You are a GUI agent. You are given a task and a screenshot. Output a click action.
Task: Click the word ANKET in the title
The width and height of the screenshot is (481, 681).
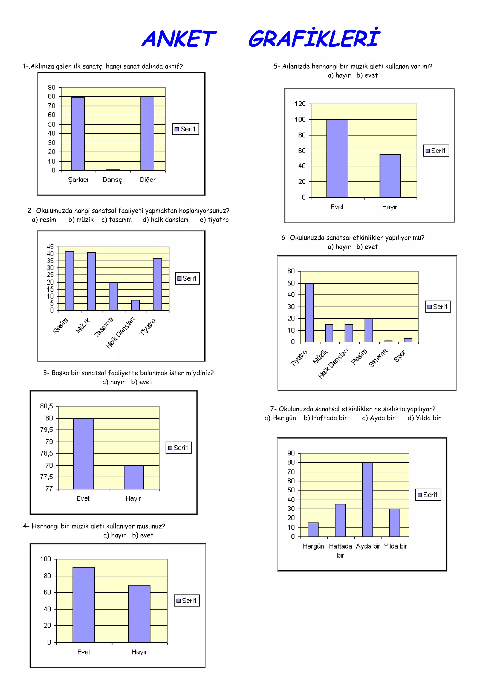pyautogui.click(x=179, y=39)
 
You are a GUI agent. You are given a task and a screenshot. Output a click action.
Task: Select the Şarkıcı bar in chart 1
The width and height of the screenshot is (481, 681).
pyautogui.click(x=78, y=134)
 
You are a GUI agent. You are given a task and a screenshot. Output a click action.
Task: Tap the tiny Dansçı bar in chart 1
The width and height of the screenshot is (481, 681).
pyautogui.click(x=113, y=170)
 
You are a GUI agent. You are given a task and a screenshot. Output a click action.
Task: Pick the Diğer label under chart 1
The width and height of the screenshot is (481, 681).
pyautogui.click(x=147, y=180)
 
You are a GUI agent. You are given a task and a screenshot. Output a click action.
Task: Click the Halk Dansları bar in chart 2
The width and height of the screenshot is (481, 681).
pyautogui.click(x=136, y=305)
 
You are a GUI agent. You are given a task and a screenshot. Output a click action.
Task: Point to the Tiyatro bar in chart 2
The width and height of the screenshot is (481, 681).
pyautogui.click(x=157, y=284)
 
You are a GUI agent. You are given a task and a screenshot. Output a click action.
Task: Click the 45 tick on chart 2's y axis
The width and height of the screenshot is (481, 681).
pyautogui.click(x=50, y=247)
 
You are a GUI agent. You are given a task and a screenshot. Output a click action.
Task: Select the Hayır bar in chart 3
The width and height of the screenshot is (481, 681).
pyautogui.click(x=134, y=477)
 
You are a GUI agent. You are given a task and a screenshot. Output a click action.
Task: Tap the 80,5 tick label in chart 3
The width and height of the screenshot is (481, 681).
pyautogui.click(x=47, y=406)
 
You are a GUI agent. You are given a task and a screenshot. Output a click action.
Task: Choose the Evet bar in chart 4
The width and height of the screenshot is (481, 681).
pyautogui.click(x=84, y=605)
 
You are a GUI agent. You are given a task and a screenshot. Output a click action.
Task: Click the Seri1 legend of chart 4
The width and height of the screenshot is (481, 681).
pyautogui.click(x=187, y=601)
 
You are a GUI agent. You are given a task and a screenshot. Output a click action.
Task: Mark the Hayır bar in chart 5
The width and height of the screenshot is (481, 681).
pyautogui.click(x=390, y=176)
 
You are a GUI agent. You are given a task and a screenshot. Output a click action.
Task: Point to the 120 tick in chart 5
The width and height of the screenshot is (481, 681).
pyautogui.click(x=300, y=104)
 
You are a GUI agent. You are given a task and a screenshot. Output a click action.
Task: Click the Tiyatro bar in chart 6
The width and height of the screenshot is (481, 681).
pyautogui.click(x=309, y=313)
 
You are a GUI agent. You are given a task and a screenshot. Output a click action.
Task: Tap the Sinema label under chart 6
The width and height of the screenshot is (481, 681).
pyautogui.click(x=378, y=358)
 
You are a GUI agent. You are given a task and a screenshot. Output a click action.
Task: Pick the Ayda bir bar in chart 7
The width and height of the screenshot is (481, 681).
pyautogui.click(x=368, y=500)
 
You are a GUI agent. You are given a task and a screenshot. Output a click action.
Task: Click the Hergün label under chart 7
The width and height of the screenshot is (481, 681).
pyautogui.click(x=314, y=546)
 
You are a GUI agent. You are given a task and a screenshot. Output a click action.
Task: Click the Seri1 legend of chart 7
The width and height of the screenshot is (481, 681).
pyautogui.click(x=428, y=495)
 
